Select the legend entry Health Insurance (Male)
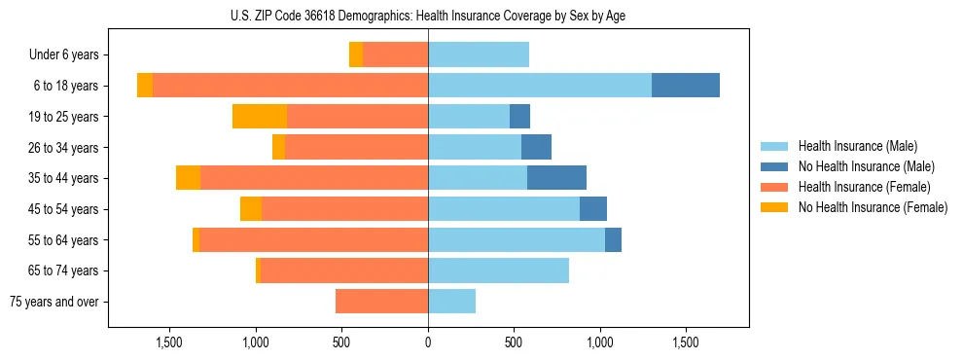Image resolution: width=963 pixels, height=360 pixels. tap(857, 146)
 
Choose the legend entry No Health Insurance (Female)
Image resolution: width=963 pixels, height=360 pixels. tap(871, 207)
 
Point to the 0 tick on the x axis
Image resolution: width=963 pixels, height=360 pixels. tap(428, 342)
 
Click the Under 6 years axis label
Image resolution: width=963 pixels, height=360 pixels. tap(64, 55)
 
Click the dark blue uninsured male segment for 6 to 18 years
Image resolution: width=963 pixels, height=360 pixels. tap(686, 86)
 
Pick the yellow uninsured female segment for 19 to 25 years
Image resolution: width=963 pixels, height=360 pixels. tap(260, 117)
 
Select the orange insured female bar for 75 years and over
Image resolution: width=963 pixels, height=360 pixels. tap(381, 302)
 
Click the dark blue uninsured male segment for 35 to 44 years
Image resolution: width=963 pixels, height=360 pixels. tap(556, 178)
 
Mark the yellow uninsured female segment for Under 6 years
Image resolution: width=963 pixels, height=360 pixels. tap(356, 55)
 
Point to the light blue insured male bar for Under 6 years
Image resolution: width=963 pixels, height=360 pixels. tap(479, 55)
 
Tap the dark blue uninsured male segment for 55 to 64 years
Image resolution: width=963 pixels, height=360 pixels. tap(613, 240)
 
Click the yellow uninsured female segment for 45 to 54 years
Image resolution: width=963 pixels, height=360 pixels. tap(251, 209)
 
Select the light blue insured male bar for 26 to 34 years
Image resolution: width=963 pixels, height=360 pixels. tap(475, 148)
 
